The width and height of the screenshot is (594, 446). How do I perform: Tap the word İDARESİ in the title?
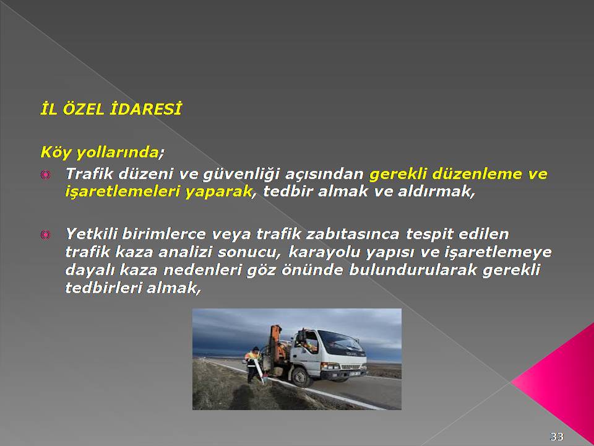(x=145, y=109)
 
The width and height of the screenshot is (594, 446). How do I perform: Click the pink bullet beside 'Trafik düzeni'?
(x=45, y=175)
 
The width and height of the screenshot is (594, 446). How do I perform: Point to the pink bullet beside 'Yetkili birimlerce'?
(x=45, y=235)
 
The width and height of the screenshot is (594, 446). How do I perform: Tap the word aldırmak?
(x=436, y=191)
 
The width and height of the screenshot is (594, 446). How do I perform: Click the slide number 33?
(x=556, y=436)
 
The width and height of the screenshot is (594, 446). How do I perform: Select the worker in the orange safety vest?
(x=253, y=364)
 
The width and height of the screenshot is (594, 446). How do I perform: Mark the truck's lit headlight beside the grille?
(x=330, y=366)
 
